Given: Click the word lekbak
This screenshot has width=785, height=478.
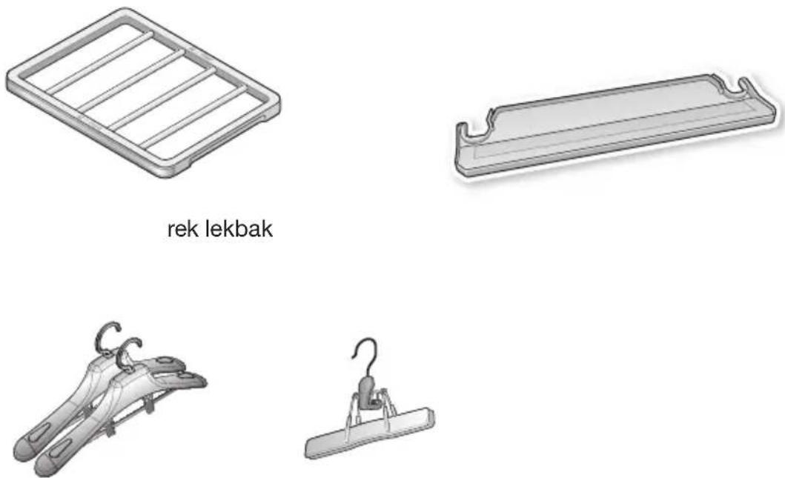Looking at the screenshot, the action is tap(239, 229).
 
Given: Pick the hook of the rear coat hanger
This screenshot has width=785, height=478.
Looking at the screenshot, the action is tap(107, 337).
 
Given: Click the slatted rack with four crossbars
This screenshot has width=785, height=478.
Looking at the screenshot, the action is tap(143, 92).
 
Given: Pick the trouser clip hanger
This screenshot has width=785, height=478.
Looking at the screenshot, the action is tap(369, 399).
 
